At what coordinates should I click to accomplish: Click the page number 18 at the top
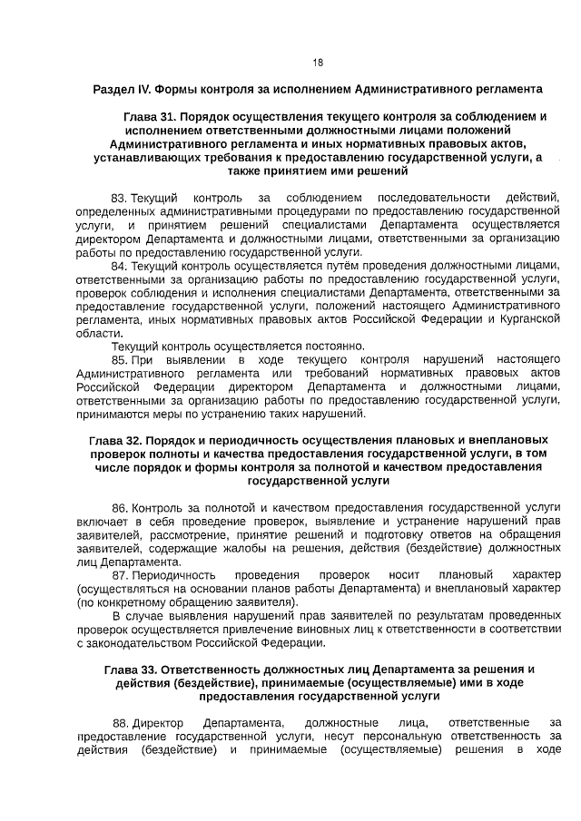[318, 63]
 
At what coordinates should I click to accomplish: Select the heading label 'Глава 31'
[149, 117]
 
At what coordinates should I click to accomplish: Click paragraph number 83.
[119, 198]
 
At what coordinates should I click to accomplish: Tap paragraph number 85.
[119, 360]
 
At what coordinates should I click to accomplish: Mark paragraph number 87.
[120, 576]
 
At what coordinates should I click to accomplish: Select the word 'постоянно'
[336, 347]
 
